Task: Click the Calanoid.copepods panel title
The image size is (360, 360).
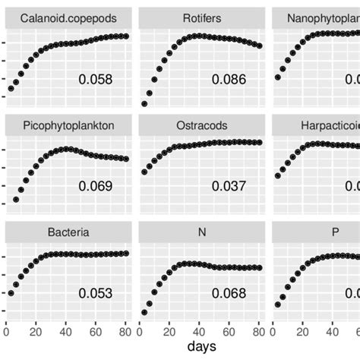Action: click(x=69, y=17)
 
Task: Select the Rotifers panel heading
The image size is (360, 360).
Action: click(x=202, y=17)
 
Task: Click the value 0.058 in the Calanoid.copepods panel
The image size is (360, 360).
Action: click(x=96, y=79)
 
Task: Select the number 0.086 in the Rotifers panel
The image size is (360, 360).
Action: click(x=229, y=79)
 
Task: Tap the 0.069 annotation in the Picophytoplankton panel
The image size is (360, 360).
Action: click(x=96, y=186)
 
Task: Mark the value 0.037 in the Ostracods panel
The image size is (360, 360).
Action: click(x=229, y=186)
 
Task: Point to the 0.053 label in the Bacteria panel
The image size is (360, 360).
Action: click(x=96, y=293)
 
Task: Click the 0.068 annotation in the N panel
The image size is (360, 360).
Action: click(x=229, y=293)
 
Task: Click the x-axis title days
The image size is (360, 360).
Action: click(x=202, y=346)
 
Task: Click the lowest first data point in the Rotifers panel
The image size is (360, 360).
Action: click(x=144, y=103)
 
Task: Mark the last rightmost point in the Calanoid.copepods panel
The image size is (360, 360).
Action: click(x=125, y=36)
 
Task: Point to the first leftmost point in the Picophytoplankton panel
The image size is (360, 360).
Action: click(x=16, y=200)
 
